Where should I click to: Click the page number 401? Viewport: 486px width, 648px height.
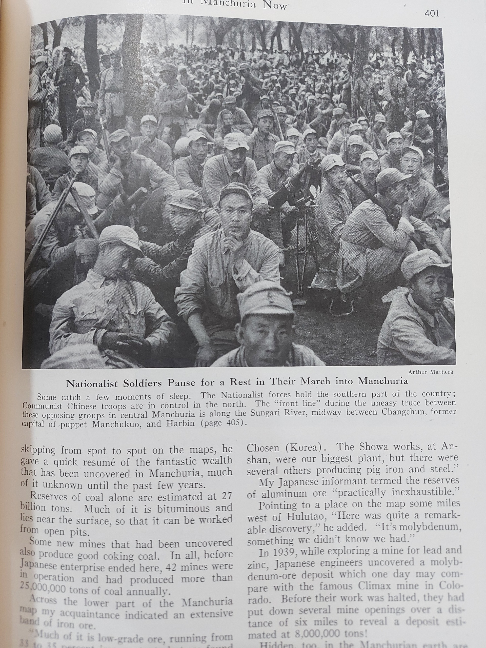coord(431,13)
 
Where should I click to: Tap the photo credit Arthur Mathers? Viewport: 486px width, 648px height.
coord(430,372)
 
